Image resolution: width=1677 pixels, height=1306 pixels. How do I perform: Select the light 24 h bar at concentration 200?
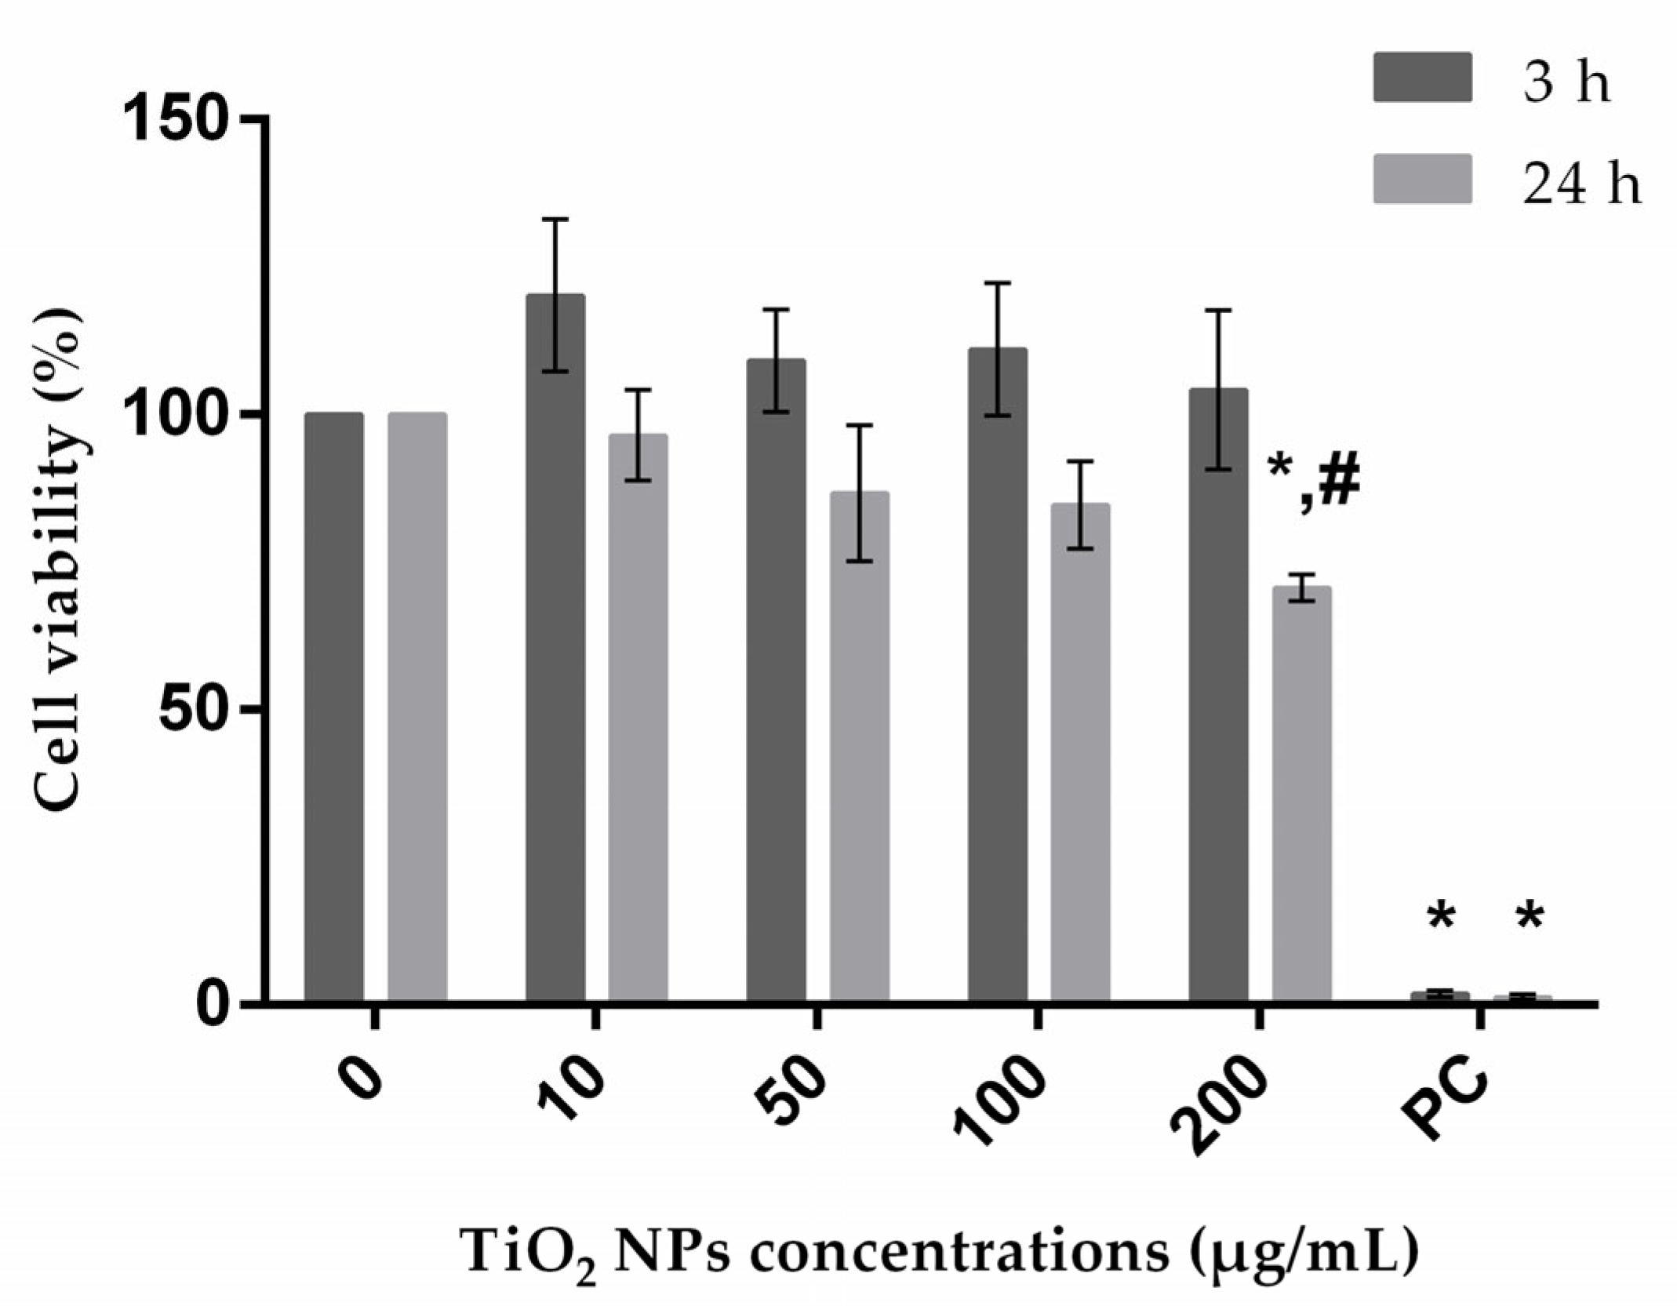[x=1301, y=792]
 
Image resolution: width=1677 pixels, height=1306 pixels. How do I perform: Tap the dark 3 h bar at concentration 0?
[x=334, y=706]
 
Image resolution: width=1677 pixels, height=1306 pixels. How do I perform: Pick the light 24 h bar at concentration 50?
[x=860, y=745]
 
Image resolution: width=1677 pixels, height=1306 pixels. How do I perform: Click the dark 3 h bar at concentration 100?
[x=998, y=675]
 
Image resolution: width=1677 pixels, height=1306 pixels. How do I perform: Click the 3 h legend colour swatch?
[x=1422, y=78]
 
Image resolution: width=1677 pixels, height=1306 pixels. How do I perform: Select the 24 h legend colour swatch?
[x=1422, y=179]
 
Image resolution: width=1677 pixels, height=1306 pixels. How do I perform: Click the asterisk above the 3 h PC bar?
[x=1442, y=918]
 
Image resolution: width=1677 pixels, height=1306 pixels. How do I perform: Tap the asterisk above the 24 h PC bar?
[x=1529, y=918]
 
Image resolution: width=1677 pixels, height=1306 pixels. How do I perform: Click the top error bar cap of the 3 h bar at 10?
[x=555, y=220]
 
